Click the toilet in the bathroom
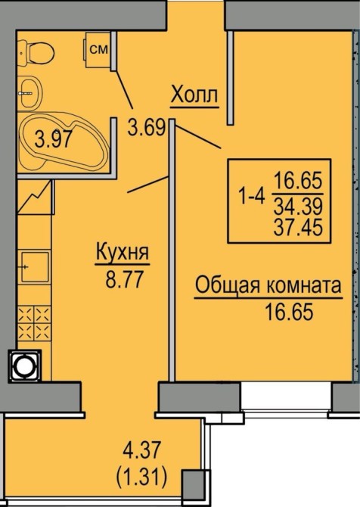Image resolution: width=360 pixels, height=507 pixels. tap(36, 51)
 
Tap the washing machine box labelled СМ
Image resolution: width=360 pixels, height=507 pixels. tap(98, 50)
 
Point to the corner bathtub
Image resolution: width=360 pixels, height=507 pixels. tap(63, 142)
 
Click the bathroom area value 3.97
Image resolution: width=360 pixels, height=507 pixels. tap(53, 138)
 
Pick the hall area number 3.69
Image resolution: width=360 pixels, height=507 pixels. tap(147, 127)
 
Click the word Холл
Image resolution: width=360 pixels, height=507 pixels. tap(194, 95)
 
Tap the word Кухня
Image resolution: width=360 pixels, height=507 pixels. tap(123, 252)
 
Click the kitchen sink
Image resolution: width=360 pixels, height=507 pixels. tap(35, 267)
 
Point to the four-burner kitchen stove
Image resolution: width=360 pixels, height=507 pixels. tap(34, 323)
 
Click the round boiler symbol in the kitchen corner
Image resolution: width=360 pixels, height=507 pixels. tap(25, 365)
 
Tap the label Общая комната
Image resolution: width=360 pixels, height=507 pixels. tap(268, 285)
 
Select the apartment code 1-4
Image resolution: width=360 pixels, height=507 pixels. tap(251, 196)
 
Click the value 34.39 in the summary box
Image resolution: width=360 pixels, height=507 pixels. tap(298, 206)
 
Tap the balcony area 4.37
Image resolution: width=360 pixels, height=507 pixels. tap(141, 450)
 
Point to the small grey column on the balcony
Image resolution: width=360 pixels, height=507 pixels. tap(192, 482)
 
